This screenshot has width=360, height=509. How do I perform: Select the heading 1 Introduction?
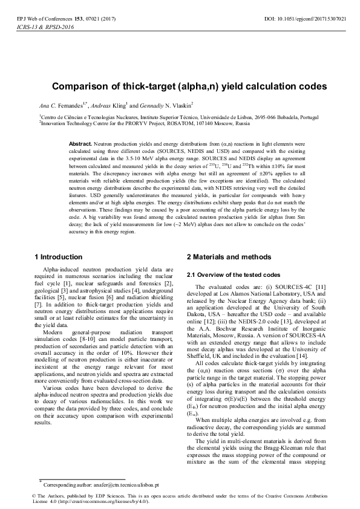(58, 257)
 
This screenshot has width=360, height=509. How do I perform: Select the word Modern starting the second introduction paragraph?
(54, 331)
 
